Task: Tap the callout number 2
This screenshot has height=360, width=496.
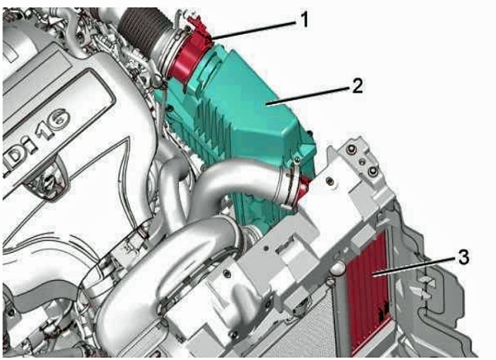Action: pyautogui.click(x=357, y=85)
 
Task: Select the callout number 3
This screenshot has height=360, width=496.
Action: pyautogui.click(x=463, y=257)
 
